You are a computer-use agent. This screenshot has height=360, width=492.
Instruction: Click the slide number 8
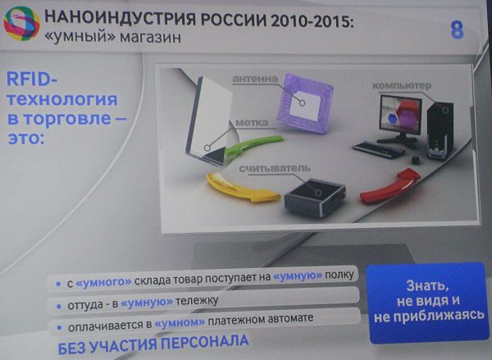coord(457,30)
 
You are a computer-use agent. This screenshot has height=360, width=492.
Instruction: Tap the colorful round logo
coord(21,24)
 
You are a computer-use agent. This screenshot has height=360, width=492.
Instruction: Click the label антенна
coord(255,79)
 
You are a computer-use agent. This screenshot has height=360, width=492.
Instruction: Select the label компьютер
coord(402,85)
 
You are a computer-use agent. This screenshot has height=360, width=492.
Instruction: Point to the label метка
coord(252,123)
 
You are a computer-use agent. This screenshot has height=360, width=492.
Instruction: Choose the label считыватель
coord(275,169)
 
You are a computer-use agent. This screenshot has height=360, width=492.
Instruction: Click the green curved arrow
coord(253,145)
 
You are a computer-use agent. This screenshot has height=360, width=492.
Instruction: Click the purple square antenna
coord(305,103)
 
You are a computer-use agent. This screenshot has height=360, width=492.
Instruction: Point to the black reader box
coord(315,198)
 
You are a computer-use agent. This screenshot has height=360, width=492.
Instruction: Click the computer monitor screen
coord(400,115)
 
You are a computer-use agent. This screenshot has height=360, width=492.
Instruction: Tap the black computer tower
coord(440,130)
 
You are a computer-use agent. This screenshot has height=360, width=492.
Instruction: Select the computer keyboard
coord(379,150)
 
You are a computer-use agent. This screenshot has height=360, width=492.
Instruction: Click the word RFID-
coord(32,79)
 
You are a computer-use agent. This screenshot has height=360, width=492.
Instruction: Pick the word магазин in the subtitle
coord(150,38)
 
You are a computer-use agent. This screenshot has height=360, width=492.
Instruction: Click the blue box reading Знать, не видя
coord(428,303)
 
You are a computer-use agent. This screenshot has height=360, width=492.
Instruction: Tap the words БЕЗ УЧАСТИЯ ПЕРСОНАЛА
coord(153,344)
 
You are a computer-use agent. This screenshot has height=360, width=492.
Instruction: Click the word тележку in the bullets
coord(197,301)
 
